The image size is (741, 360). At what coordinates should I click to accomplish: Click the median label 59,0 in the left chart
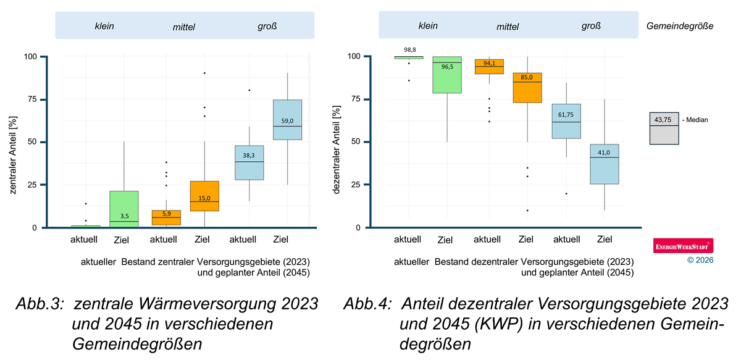coord(288,122)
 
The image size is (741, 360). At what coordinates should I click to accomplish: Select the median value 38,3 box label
coord(249,156)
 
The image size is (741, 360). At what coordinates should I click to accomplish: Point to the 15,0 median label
coord(205,198)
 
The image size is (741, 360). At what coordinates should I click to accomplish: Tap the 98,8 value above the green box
coord(408,49)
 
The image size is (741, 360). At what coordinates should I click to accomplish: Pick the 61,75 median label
coord(566,115)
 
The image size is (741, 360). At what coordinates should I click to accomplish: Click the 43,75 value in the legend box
coord(664,120)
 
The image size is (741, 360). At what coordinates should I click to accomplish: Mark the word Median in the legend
coord(697,120)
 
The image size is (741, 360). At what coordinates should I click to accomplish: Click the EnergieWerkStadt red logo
coord(683,246)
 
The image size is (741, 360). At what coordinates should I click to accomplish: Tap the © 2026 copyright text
coord(700,261)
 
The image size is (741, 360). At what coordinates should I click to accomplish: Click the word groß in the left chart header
coord(267,27)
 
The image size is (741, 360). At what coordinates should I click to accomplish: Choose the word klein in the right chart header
coord(428,26)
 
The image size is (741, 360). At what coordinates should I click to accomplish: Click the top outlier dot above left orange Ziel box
coord(204,73)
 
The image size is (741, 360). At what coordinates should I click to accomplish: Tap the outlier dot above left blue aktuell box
coord(249,90)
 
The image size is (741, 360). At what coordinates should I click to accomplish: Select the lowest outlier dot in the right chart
coord(527,211)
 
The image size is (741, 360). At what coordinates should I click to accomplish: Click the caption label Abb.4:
coord(368,304)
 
